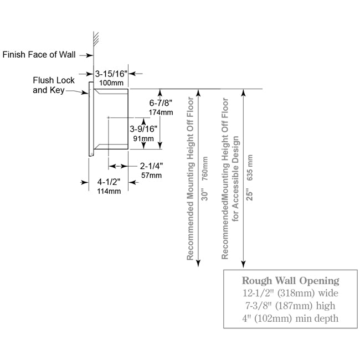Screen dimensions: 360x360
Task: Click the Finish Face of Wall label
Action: coord(39,55)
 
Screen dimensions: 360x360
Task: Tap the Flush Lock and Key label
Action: coord(54,85)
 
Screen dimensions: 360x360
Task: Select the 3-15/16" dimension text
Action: coord(111,74)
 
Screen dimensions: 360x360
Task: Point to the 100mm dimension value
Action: coord(111,83)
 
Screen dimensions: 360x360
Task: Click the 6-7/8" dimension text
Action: coord(161,103)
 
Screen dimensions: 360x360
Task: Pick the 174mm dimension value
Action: coord(161,112)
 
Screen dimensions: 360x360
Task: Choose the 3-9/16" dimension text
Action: coord(143,129)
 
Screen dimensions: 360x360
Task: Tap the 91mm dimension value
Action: coord(143,138)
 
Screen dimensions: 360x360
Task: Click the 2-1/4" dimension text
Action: coord(152,166)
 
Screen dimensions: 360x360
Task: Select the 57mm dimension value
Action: coord(152,176)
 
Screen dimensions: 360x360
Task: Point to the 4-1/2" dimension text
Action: coord(109,182)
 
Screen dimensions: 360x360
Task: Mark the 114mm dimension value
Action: coord(109,191)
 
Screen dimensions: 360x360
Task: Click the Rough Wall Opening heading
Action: coord(290,281)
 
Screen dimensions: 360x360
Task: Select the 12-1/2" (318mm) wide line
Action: coord(290,293)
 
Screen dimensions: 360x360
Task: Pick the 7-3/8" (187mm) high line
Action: coord(290,306)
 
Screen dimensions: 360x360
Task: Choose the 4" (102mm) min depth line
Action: coord(290,318)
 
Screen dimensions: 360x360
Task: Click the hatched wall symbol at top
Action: coord(96,38)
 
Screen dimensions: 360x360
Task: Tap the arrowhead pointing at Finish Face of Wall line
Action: coord(90,55)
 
